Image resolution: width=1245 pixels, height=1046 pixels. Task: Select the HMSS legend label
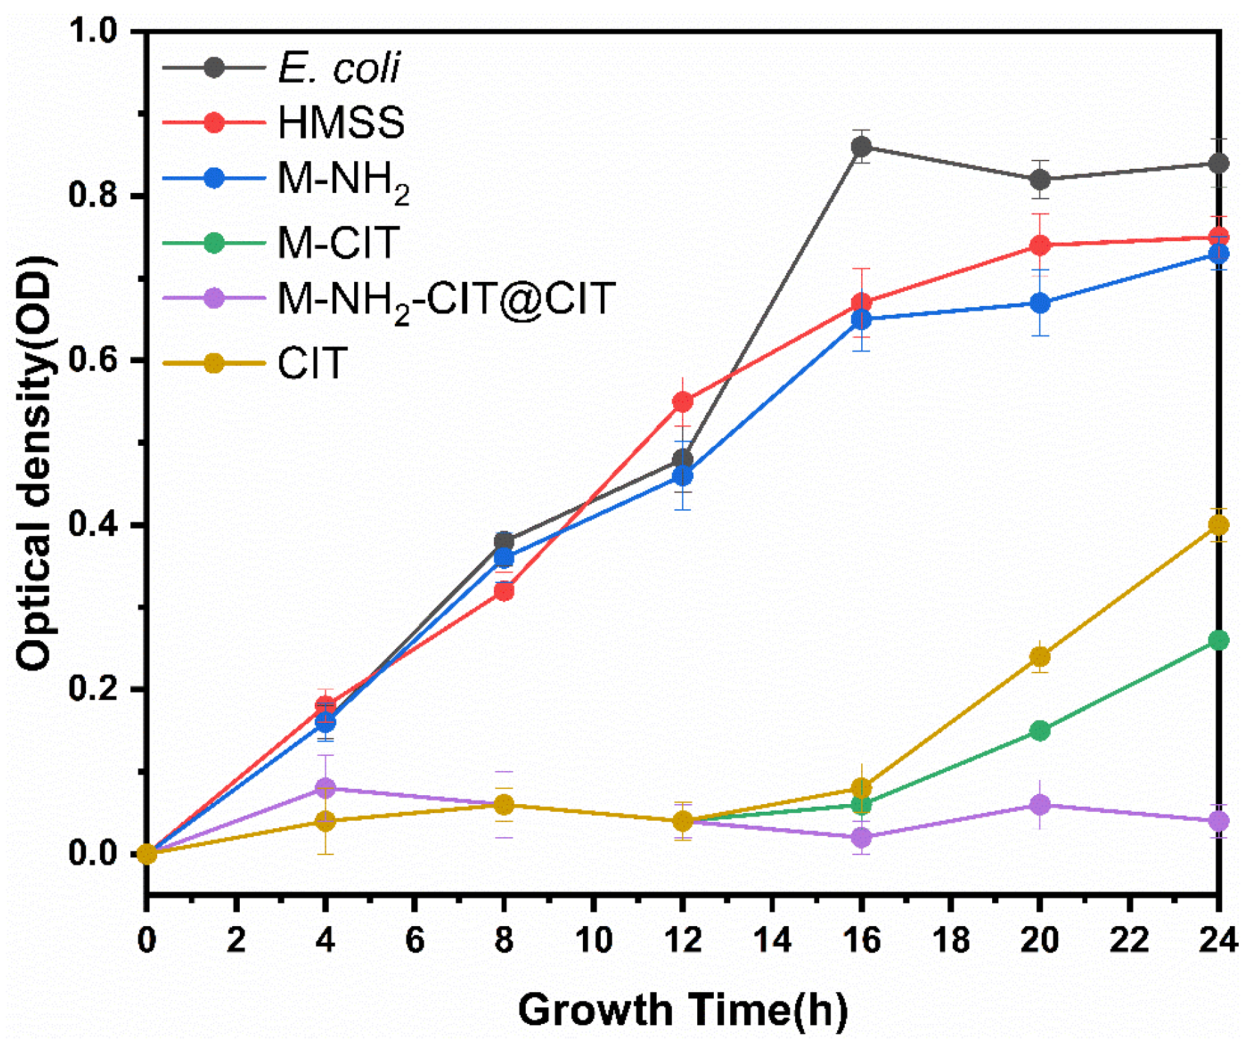tap(341, 123)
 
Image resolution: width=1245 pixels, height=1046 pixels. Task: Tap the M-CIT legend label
tap(338, 243)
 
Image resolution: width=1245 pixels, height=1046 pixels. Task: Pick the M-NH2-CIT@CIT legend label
tap(445, 299)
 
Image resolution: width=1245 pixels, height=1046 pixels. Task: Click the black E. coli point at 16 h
tap(861, 147)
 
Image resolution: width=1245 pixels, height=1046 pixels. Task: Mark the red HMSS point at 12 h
tap(682, 402)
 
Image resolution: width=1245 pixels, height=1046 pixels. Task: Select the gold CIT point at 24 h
tap(1218, 525)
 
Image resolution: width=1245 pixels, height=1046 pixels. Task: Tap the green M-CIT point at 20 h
tap(1040, 730)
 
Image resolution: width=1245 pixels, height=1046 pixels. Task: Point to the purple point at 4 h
tap(325, 788)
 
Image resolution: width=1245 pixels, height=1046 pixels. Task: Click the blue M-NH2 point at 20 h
tap(1040, 303)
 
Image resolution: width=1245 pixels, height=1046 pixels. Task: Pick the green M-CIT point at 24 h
tap(1218, 640)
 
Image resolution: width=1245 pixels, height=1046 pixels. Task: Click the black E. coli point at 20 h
tap(1040, 180)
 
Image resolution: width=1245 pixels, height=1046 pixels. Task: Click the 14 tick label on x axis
tap(772, 940)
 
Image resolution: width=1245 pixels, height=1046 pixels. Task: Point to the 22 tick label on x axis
tap(1129, 940)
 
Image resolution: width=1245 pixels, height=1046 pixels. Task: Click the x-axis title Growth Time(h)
tap(682, 1010)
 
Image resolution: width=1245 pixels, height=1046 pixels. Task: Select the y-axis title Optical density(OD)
tap(34, 463)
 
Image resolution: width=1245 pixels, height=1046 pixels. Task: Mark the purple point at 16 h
tap(861, 837)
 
